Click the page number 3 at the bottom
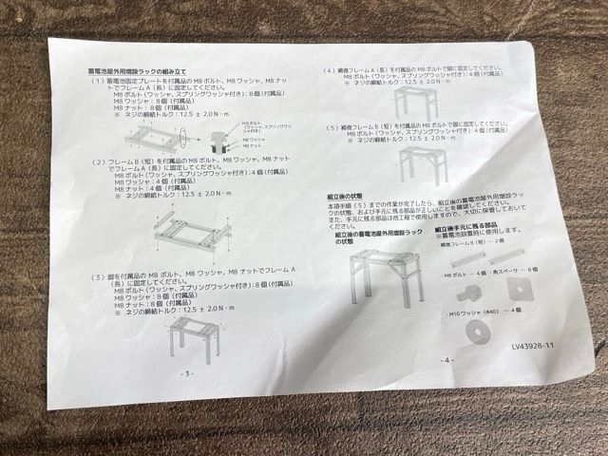click(x=187, y=373)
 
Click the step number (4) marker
click(x=329, y=70)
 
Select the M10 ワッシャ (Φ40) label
click(x=475, y=311)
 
